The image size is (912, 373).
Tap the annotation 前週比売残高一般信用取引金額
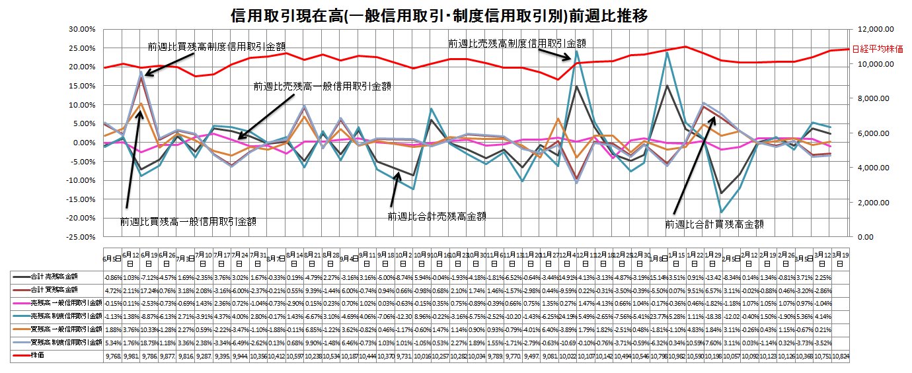[x=323, y=86]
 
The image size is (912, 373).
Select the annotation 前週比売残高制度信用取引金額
[x=517, y=43]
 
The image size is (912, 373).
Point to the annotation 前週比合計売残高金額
[x=437, y=216]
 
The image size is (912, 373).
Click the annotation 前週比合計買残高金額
[x=714, y=224]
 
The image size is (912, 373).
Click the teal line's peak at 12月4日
[x=577, y=51]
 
